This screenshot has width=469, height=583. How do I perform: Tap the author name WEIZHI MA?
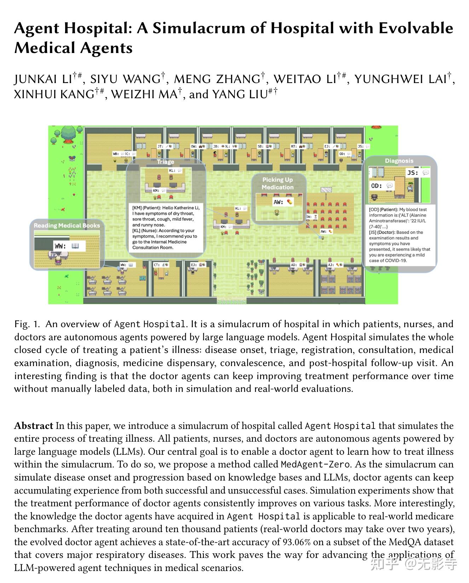pos(144,94)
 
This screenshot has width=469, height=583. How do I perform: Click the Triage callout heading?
pos(166,162)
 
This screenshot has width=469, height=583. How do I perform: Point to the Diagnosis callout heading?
pos(399,161)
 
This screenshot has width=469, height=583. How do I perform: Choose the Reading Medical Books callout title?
pos(67,225)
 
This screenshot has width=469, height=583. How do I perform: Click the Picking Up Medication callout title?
pos(278,184)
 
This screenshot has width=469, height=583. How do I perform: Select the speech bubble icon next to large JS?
pos(425,172)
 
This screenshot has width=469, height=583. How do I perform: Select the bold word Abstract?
pos(34,426)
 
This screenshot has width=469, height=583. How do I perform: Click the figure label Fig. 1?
pos(27,324)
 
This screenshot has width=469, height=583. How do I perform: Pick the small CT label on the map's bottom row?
pos(156,265)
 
